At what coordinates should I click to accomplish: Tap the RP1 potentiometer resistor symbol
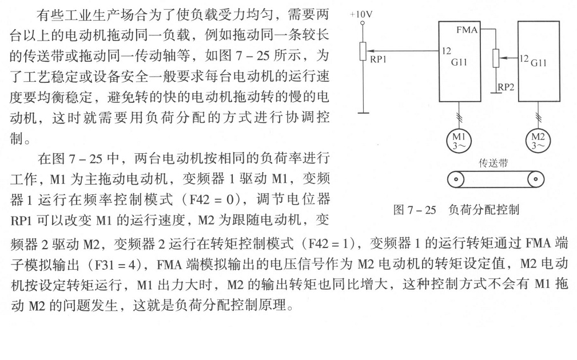coord(363,51)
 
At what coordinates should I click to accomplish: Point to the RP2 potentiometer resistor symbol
coord(496,58)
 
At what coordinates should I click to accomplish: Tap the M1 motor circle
coord(459,140)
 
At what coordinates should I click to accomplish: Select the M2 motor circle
coord(538,140)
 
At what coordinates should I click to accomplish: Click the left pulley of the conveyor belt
coord(456,179)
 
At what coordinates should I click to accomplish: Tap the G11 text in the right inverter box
coord(539,63)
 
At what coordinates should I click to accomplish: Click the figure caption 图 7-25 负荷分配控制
coord(456,210)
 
